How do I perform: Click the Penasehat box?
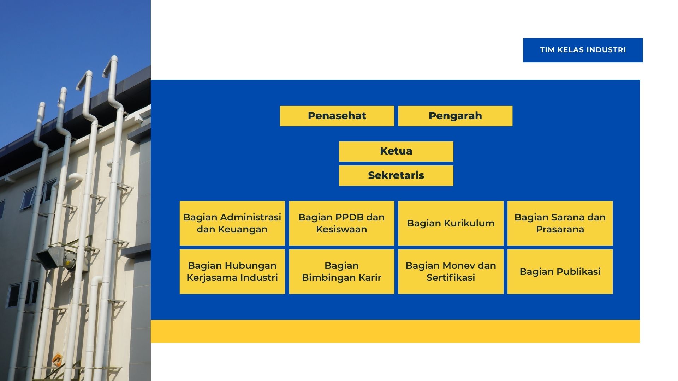pyautogui.click(x=337, y=116)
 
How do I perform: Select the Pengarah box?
pyautogui.click(x=455, y=116)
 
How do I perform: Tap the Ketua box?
pyautogui.click(x=396, y=151)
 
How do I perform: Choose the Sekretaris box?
pyautogui.click(x=396, y=176)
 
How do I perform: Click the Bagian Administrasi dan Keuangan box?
pyautogui.click(x=232, y=223)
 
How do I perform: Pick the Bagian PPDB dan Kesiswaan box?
pyautogui.click(x=341, y=223)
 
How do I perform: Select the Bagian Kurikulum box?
pyautogui.click(x=451, y=223)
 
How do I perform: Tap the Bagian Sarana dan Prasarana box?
pyautogui.click(x=560, y=223)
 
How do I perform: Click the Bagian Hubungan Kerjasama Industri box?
pyautogui.click(x=232, y=272)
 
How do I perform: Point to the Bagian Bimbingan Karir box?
pyautogui.click(x=341, y=272)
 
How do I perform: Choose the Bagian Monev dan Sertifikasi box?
pyautogui.click(x=451, y=272)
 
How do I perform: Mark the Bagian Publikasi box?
pyautogui.click(x=560, y=272)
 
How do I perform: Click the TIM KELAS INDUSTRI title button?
pyautogui.click(x=583, y=50)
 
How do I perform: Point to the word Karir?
pyautogui.click(x=370, y=278)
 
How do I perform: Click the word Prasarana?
pyautogui.click(x=560, y=229)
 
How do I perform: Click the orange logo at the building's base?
pyautogui.click(x=57, y=360)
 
